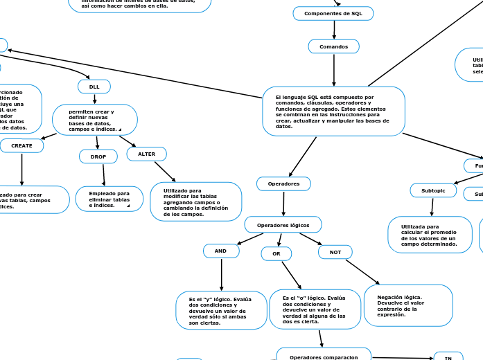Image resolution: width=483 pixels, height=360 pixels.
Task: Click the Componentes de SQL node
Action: [333, 13]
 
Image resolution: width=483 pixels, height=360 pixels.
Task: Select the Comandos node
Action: [333, 46]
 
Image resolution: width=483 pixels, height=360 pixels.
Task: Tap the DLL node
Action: [94, 87]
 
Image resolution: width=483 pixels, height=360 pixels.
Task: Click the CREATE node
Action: [21, 145]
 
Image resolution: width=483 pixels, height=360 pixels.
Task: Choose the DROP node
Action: [98, 156]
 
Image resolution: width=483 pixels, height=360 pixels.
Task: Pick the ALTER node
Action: [146, 154]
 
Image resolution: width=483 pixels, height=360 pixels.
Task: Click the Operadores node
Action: [283, 183]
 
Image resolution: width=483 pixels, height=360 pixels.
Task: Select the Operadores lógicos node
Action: [283, 224]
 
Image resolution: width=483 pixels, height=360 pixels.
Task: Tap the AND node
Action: [220, 251]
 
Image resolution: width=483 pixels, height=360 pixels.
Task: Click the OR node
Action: [276, 254]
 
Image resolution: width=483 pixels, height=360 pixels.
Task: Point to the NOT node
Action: [335, 252]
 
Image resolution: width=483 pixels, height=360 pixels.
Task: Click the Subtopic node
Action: [433, 190]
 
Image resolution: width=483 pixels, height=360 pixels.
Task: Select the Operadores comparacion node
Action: [324, 356]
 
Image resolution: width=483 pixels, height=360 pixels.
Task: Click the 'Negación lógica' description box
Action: [408, 305]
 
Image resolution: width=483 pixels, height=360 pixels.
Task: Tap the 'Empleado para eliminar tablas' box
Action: [109, 199]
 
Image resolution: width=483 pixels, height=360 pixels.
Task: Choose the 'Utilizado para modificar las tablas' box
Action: [195, 201]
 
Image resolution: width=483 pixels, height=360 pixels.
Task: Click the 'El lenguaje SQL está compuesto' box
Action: [333, 111]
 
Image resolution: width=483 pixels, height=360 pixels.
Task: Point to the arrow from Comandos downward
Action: [334, 69]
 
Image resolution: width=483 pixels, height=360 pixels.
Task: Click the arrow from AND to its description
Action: [221, 274]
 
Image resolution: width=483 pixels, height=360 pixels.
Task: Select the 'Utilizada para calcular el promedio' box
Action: [430, 235]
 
